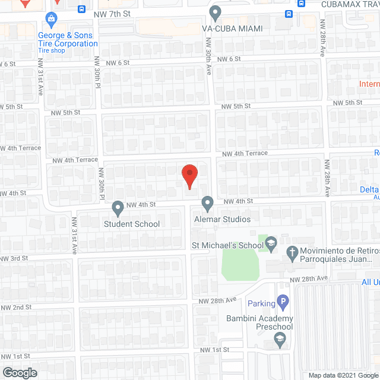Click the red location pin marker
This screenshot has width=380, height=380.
(189, 176)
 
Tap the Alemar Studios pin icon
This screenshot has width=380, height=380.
(207, 204)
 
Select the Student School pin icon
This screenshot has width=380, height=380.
(117, 208)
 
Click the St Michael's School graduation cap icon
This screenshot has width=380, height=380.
(271, 243)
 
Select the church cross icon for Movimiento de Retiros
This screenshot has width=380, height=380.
(292, 252)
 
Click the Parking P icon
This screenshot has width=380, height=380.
(283, 303)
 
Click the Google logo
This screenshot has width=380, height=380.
(19, 372)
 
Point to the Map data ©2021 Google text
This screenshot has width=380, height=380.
(343, 375)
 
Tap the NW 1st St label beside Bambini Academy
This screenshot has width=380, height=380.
(214, 350)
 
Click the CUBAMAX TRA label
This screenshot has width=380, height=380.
(349, 4)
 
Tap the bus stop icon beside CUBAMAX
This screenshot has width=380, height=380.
(301, 3)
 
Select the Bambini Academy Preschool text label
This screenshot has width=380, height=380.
(259, 323)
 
